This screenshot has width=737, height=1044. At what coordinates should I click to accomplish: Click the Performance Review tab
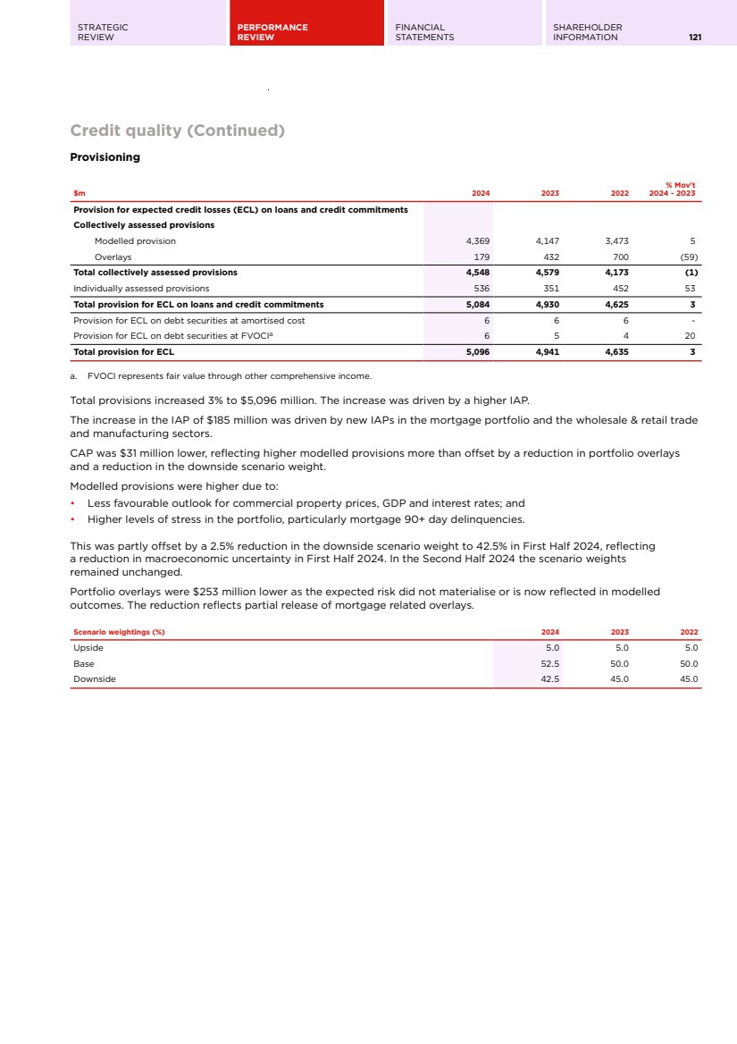(272, 32)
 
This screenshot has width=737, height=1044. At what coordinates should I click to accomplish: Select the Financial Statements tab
(424, 32)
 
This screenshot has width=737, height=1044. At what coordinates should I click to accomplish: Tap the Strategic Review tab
(103, 32)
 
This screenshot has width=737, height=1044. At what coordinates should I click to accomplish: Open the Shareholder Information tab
(587, 32)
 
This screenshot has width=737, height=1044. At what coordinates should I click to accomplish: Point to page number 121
(694, 38)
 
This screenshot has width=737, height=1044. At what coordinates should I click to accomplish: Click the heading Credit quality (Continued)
(177, 130)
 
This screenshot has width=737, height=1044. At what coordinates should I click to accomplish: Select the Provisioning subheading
(105, 157)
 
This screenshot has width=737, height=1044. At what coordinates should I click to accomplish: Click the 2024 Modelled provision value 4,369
(478, 241)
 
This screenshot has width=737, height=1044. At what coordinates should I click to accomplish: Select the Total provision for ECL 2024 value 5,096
(478, 352)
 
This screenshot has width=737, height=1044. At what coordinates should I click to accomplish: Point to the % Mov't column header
(680, 189)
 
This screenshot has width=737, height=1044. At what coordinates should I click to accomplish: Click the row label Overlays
(113, 257)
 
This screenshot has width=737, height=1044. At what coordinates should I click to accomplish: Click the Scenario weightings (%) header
(119, 633)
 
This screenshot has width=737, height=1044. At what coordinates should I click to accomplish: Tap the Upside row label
(88, 648)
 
